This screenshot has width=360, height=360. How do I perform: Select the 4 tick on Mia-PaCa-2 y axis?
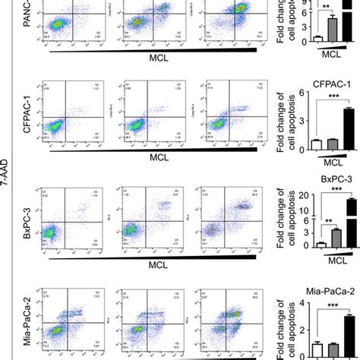(x=282, y=304)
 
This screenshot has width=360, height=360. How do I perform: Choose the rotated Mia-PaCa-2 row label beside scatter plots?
(x=29, y=323)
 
